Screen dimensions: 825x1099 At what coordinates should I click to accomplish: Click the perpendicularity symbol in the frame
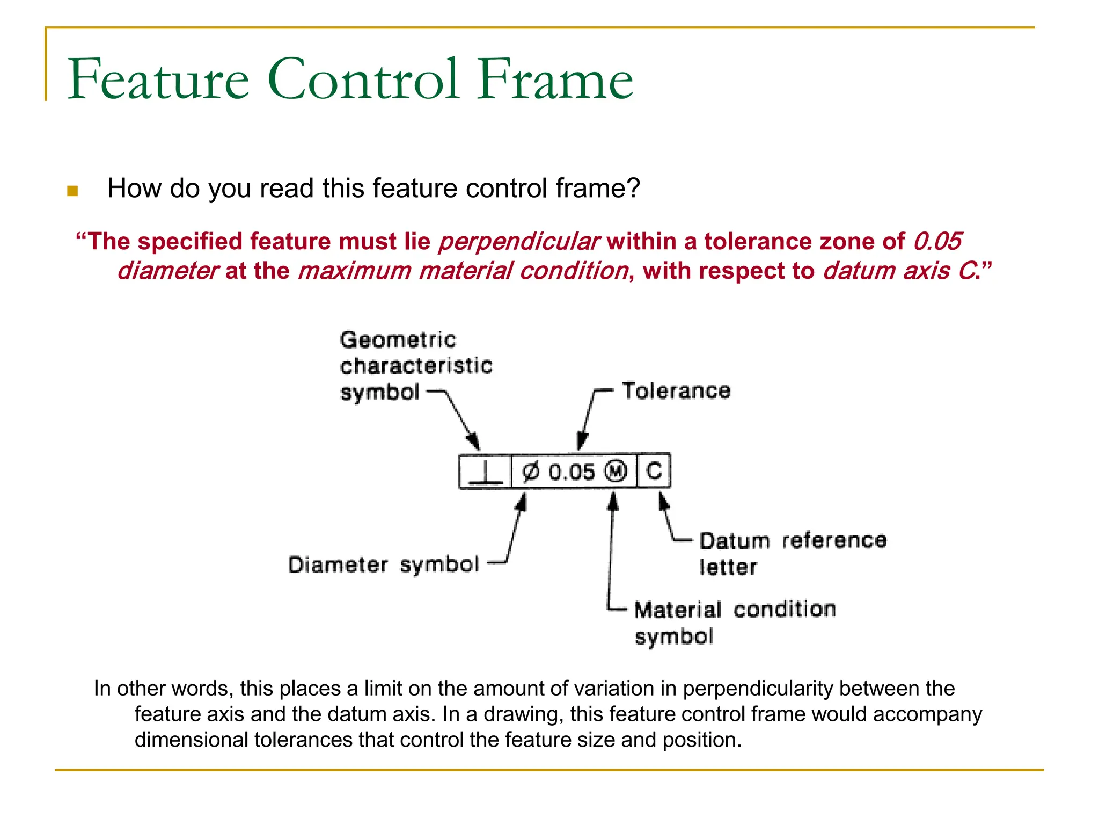click(485, 473)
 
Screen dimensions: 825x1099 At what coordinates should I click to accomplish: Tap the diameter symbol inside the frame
click(530, 472)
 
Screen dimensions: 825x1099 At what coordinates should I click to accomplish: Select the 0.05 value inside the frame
click(572, 472)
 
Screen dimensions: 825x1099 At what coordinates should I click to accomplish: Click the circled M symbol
click(616, 472)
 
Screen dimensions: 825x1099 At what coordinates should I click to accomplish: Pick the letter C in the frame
click(654, 471)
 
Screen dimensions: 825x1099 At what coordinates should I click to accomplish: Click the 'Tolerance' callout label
click(676, 391)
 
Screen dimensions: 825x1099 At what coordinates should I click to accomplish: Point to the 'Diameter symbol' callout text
click(383, 565)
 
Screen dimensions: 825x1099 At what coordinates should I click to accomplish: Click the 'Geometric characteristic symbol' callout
click(416, 366)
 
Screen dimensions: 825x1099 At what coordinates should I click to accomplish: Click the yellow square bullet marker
click(72, 191)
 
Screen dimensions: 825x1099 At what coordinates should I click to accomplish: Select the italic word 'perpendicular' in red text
click(518, 242)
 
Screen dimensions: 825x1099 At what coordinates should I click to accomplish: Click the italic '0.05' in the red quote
click(937, 242)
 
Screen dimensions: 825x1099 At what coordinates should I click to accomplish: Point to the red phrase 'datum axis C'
click(899, 271)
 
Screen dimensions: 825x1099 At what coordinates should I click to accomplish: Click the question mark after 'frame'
click(634, 189)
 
